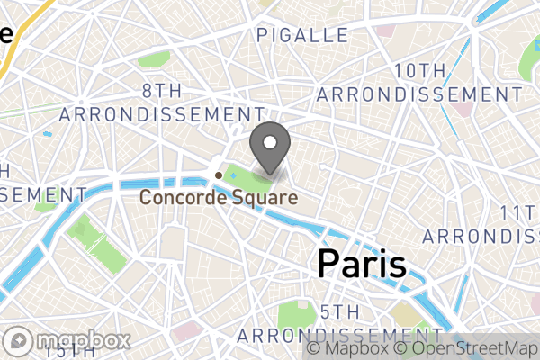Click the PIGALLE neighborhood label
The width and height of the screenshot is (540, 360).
pos(302,35)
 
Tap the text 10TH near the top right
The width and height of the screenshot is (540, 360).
pos(419,71)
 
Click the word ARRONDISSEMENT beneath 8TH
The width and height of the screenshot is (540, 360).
pos(157,114)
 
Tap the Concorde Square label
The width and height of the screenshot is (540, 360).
pos(218,196)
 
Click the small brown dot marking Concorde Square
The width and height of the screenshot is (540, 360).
pos(218,175)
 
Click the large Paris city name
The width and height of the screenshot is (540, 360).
pos(362,265)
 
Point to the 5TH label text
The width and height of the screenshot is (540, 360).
pos(341,311)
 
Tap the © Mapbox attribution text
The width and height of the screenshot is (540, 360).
pos(348,347)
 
